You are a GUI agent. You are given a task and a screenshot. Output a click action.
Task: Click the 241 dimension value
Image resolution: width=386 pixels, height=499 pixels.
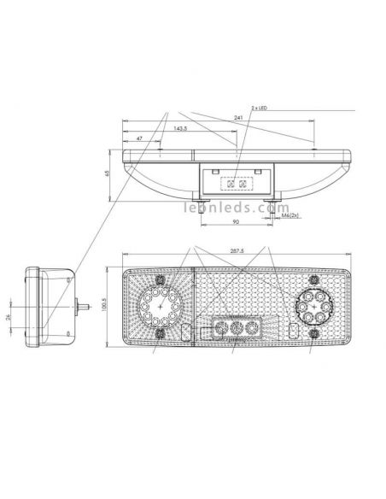click(237, 119)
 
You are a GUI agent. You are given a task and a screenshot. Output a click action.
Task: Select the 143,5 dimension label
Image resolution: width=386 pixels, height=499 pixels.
click(181, 128)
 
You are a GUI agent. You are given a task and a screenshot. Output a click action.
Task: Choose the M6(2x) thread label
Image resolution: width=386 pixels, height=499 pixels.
click(291, 217)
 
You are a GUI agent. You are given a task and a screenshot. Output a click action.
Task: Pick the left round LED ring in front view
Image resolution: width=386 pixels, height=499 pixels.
click(159, 306)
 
